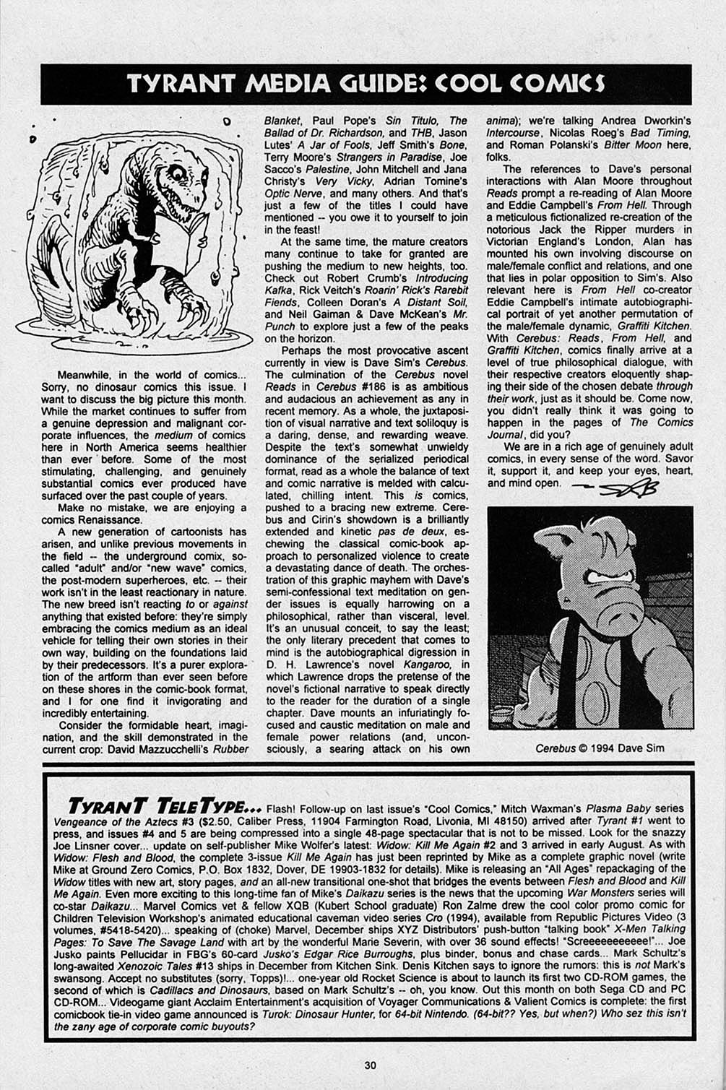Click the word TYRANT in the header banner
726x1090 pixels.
[180, 85]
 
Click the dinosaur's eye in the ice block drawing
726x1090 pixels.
[178, 173]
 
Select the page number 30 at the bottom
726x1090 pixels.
[369, 1065]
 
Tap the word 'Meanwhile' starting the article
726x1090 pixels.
[87, 375]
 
